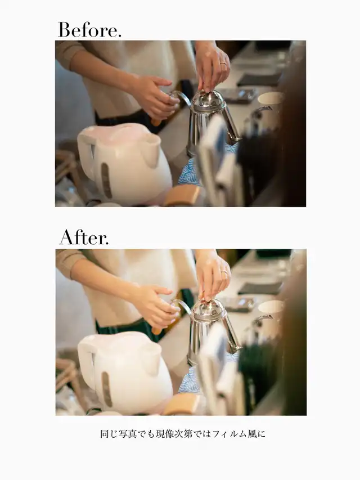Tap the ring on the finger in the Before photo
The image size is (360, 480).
223,64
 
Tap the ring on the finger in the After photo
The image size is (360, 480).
224,272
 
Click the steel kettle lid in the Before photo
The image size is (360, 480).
208,100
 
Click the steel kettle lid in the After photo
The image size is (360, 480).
209,308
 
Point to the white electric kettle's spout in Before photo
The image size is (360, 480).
151,150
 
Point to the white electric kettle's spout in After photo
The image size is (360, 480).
152,358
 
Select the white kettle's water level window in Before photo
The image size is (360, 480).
106,181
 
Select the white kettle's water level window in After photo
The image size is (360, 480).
107,389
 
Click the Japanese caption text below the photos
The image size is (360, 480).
183,434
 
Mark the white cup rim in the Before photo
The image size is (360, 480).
271,98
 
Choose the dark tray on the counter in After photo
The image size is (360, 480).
260,288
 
